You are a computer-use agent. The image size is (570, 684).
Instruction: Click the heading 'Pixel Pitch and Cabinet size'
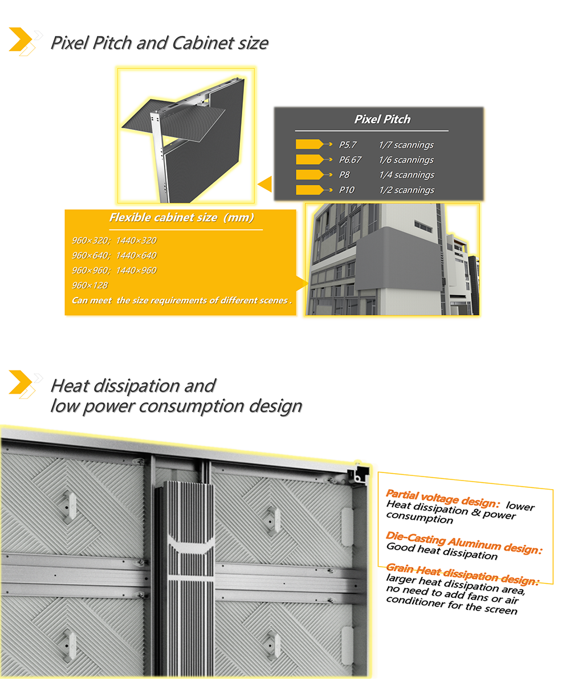159,43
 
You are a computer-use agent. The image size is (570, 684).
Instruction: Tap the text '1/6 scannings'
406,160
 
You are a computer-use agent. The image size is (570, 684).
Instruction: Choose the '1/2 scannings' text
406,190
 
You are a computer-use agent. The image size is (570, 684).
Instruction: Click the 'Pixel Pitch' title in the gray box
382,120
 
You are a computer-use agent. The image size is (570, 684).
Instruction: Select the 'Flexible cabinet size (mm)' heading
181,218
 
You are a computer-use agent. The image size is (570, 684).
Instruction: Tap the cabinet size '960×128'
90,285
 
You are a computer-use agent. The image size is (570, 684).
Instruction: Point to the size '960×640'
91,255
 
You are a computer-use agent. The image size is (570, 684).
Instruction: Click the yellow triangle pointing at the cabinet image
264,184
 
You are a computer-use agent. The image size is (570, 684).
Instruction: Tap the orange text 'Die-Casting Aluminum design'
462,543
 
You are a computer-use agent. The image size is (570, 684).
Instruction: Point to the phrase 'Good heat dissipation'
442,551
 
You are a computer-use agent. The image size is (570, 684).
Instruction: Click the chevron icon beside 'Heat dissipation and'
23,382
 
